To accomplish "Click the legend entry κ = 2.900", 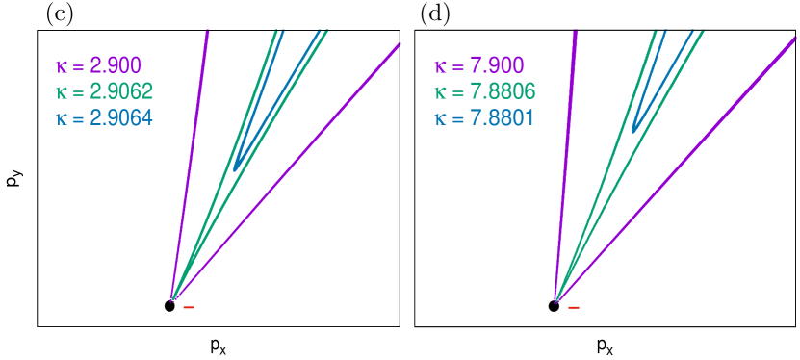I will coord(99,66).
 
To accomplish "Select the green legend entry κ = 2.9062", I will coord(104,92).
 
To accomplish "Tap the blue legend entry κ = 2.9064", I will coord(104,118).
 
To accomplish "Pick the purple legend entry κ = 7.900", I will coord(478,66).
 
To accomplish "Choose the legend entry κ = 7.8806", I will coord(484,92).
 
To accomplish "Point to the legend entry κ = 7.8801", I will coord(484,118).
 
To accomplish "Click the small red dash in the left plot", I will coord(189,308).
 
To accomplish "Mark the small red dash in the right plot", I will coord(574,308).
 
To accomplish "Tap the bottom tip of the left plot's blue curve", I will coord(236,168).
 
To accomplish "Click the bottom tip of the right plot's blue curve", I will coord(633,129).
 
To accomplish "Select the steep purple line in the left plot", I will coord(190,164).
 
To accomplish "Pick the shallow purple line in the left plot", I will coord(289,169).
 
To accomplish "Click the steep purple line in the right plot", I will coord(565,164).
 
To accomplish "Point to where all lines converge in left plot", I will coord(172,300).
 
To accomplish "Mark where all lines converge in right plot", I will coord(556,300).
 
